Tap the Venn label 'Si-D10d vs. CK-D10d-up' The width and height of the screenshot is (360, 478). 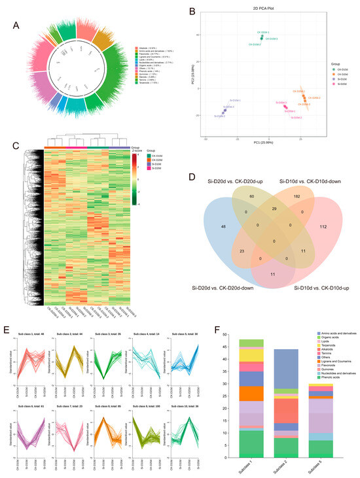313,288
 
